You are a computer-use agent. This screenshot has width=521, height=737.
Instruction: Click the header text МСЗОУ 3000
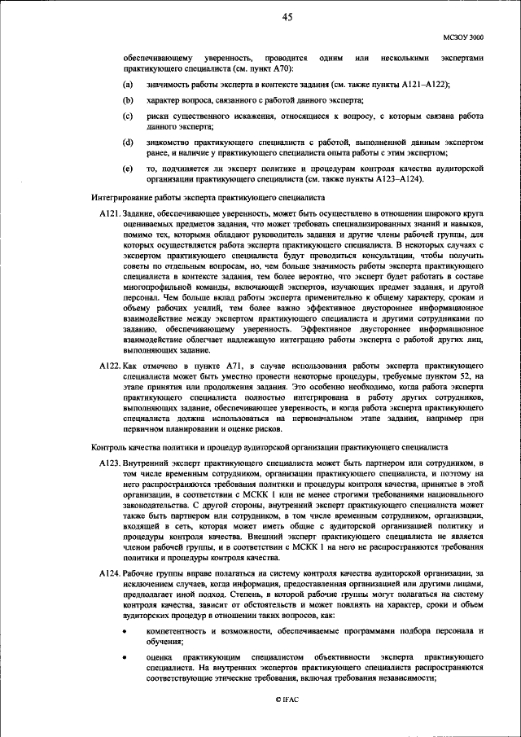tap(464, 37)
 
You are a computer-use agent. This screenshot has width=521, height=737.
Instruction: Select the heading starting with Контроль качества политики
tap(269, 446)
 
